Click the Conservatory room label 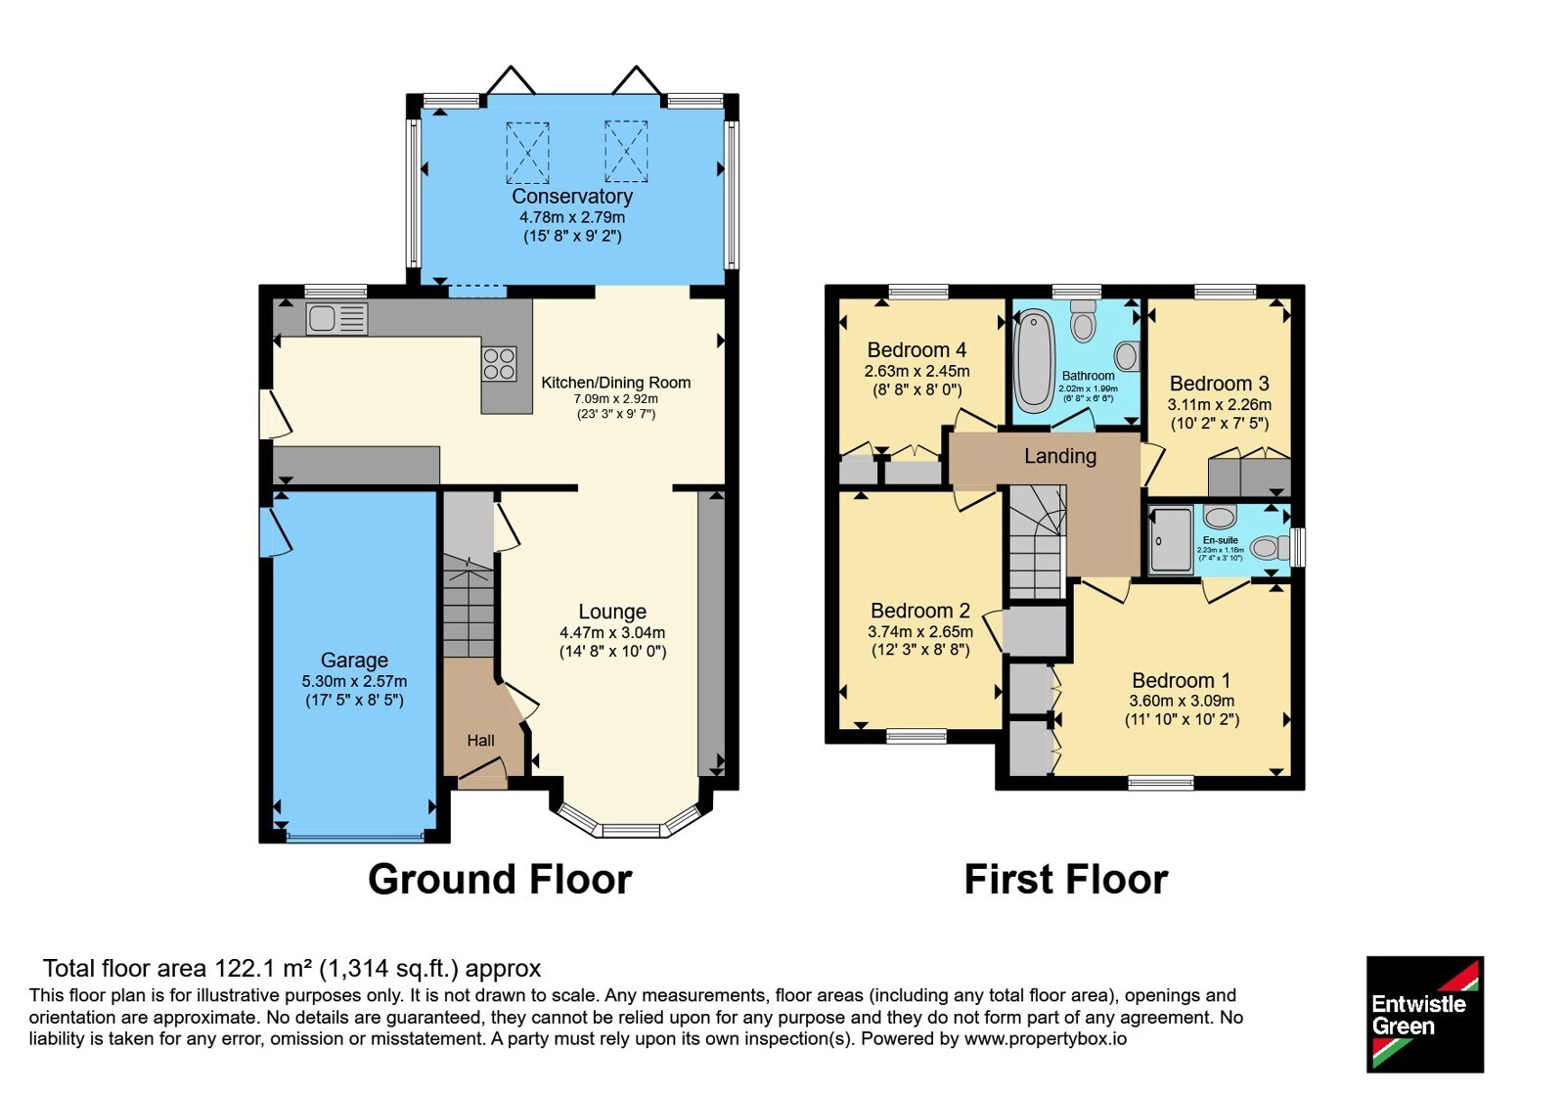click(x=572, y=196)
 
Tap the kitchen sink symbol click(x=336, y=319)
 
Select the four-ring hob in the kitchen click(x=499, y=364)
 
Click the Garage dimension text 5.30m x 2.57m click(x=354, y=681)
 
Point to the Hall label click(x=480, y=740)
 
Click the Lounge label click(x=612, y=612)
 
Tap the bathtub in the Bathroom click(x=1035, y=362)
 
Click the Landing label click(x=1060, y=456)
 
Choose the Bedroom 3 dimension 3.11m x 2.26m click(x=1219, y=405)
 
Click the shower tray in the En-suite click(x=1171, y=541)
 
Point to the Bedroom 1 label click(x=1182, y=680)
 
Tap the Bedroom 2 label click(x=920, y=611)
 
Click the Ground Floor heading click(x=500, y=880)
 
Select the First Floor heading click(x=1066, y=880)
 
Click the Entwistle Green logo click(x=1425, y=1014)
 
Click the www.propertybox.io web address click(x=1046, y=1038)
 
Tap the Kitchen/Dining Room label click(x=616, y=383)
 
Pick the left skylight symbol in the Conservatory click(x=527, y=153)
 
